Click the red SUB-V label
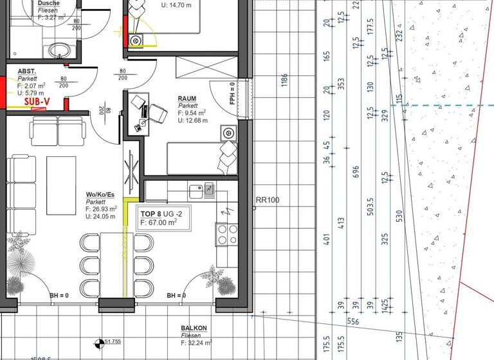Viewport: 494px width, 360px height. coord(37,101)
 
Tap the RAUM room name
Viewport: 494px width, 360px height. coord(188,99)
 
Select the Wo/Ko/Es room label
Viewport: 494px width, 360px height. coord(100,195)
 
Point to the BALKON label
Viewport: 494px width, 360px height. coord(194,328)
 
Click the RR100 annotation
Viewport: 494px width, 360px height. coord(268,200)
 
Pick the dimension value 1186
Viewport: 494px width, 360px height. coord(284,80)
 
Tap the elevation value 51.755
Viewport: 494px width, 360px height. coord(113,341)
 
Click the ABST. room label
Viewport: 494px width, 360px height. coord(27,71)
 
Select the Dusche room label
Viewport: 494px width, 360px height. coord(49,3)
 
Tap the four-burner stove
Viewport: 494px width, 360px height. coord(226,234)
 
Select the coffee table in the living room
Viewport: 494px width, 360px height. coord(61,185)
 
